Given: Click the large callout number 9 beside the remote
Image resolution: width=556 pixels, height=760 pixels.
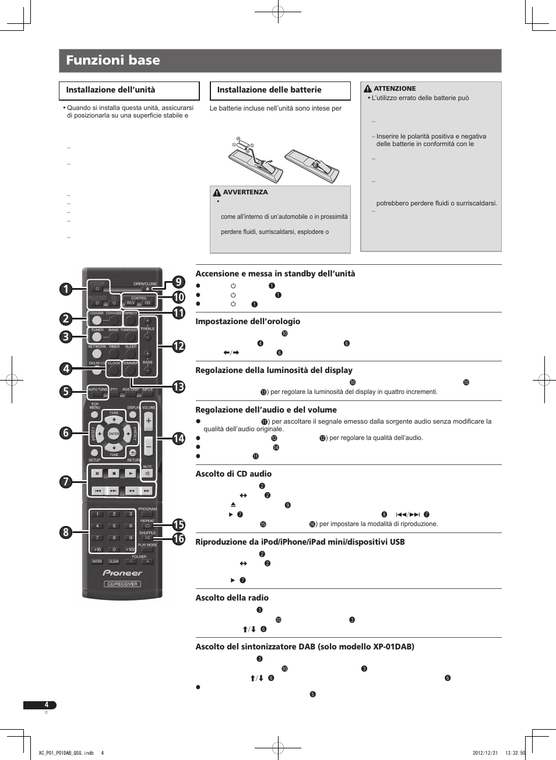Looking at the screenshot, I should [178, 282].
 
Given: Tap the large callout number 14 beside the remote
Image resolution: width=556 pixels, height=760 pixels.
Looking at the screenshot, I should [178, 439].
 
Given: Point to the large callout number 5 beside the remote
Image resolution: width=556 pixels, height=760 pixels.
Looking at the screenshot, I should [66, 392].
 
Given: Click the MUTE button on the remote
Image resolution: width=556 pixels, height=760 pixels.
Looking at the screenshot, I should [147, 473].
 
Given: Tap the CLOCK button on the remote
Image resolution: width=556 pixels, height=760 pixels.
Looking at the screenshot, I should [114, 369].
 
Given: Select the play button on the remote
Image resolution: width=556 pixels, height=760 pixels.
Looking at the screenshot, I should [131, 473].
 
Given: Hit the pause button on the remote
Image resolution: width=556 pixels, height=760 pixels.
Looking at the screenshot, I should [97, 473].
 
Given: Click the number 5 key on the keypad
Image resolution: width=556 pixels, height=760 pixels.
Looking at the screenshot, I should [114, 526].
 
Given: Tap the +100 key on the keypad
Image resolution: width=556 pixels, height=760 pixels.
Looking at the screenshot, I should [131, 549].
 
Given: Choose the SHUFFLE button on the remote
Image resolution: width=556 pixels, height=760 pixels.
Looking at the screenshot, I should [147, 538].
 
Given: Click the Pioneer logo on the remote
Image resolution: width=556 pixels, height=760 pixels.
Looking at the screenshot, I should [122, 573].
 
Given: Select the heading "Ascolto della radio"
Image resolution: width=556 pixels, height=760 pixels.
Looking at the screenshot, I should [232, 598].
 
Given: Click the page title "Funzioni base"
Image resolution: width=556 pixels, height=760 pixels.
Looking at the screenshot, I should [113, 60].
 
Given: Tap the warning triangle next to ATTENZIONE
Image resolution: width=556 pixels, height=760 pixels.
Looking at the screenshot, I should [368, 89].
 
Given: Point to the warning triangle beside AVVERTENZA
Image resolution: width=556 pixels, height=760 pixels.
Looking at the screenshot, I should [217, 193].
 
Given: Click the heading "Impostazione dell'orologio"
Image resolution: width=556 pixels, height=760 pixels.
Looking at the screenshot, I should [248, 321].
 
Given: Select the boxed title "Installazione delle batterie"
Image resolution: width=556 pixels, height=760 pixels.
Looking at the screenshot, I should [269, 90].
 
